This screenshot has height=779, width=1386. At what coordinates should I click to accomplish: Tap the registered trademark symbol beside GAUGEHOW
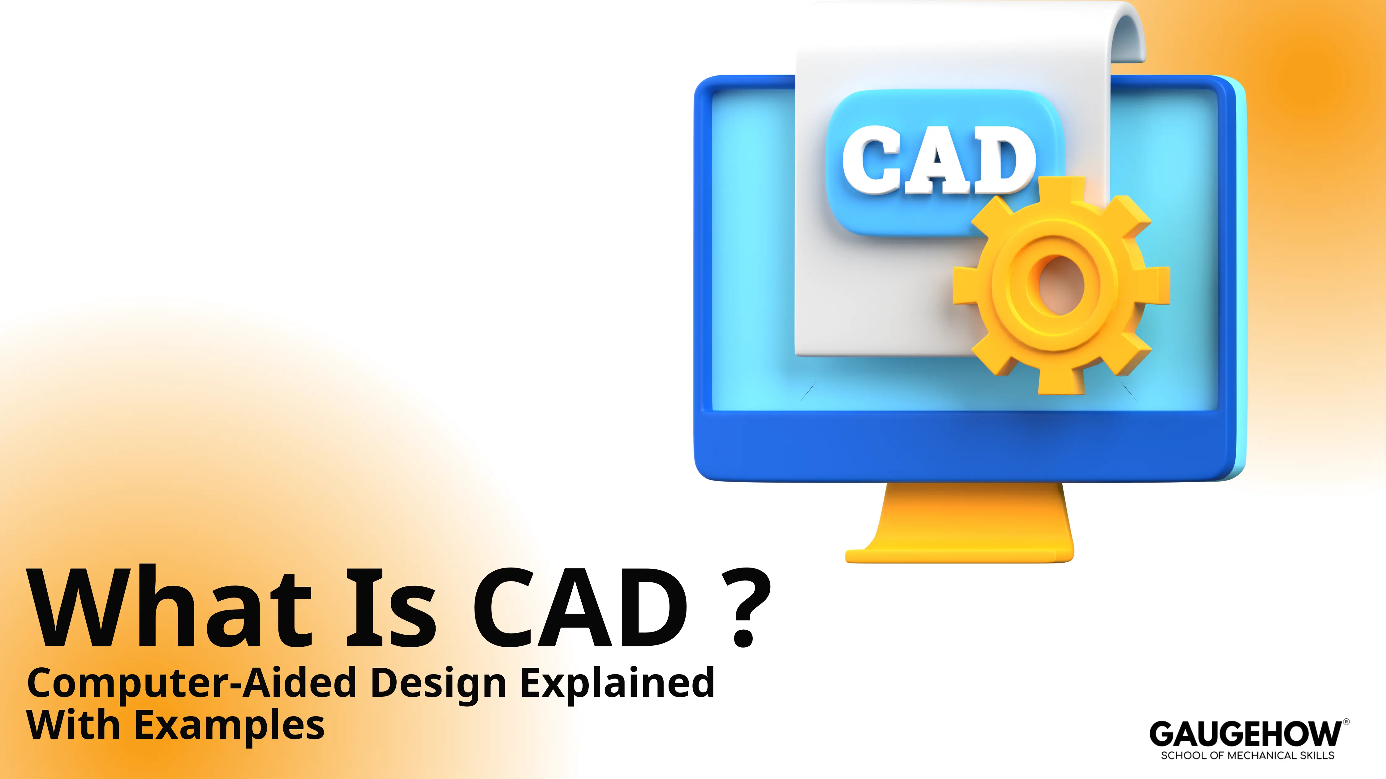[1346, 722]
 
